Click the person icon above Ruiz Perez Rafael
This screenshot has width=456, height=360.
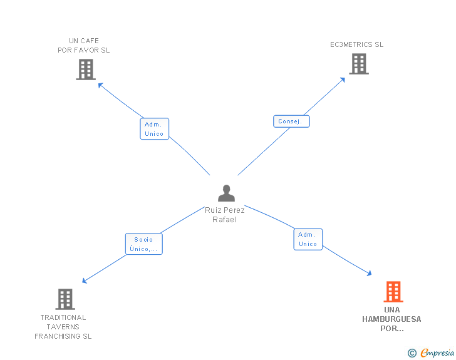226,193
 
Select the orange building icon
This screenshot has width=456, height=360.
393,291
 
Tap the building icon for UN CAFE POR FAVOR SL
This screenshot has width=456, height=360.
86,69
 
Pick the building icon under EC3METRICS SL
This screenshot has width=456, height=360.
359,64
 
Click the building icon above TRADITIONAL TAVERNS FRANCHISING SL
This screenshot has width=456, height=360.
65,299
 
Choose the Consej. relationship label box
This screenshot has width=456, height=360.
291,121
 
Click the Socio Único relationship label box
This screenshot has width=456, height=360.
144,244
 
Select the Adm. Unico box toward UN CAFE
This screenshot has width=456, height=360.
155,129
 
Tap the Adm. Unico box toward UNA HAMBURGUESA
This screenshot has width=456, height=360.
308,239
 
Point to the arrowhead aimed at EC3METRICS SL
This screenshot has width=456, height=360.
343,80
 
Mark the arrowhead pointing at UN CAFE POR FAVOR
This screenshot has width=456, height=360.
100,85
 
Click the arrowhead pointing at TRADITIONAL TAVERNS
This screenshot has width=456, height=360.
85,280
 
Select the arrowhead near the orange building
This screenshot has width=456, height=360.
370,273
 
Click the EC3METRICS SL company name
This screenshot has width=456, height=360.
356,44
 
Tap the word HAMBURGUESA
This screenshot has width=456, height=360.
391,319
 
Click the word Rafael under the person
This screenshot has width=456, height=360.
224,220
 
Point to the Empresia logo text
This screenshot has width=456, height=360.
437,352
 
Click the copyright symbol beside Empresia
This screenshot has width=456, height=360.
412,353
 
